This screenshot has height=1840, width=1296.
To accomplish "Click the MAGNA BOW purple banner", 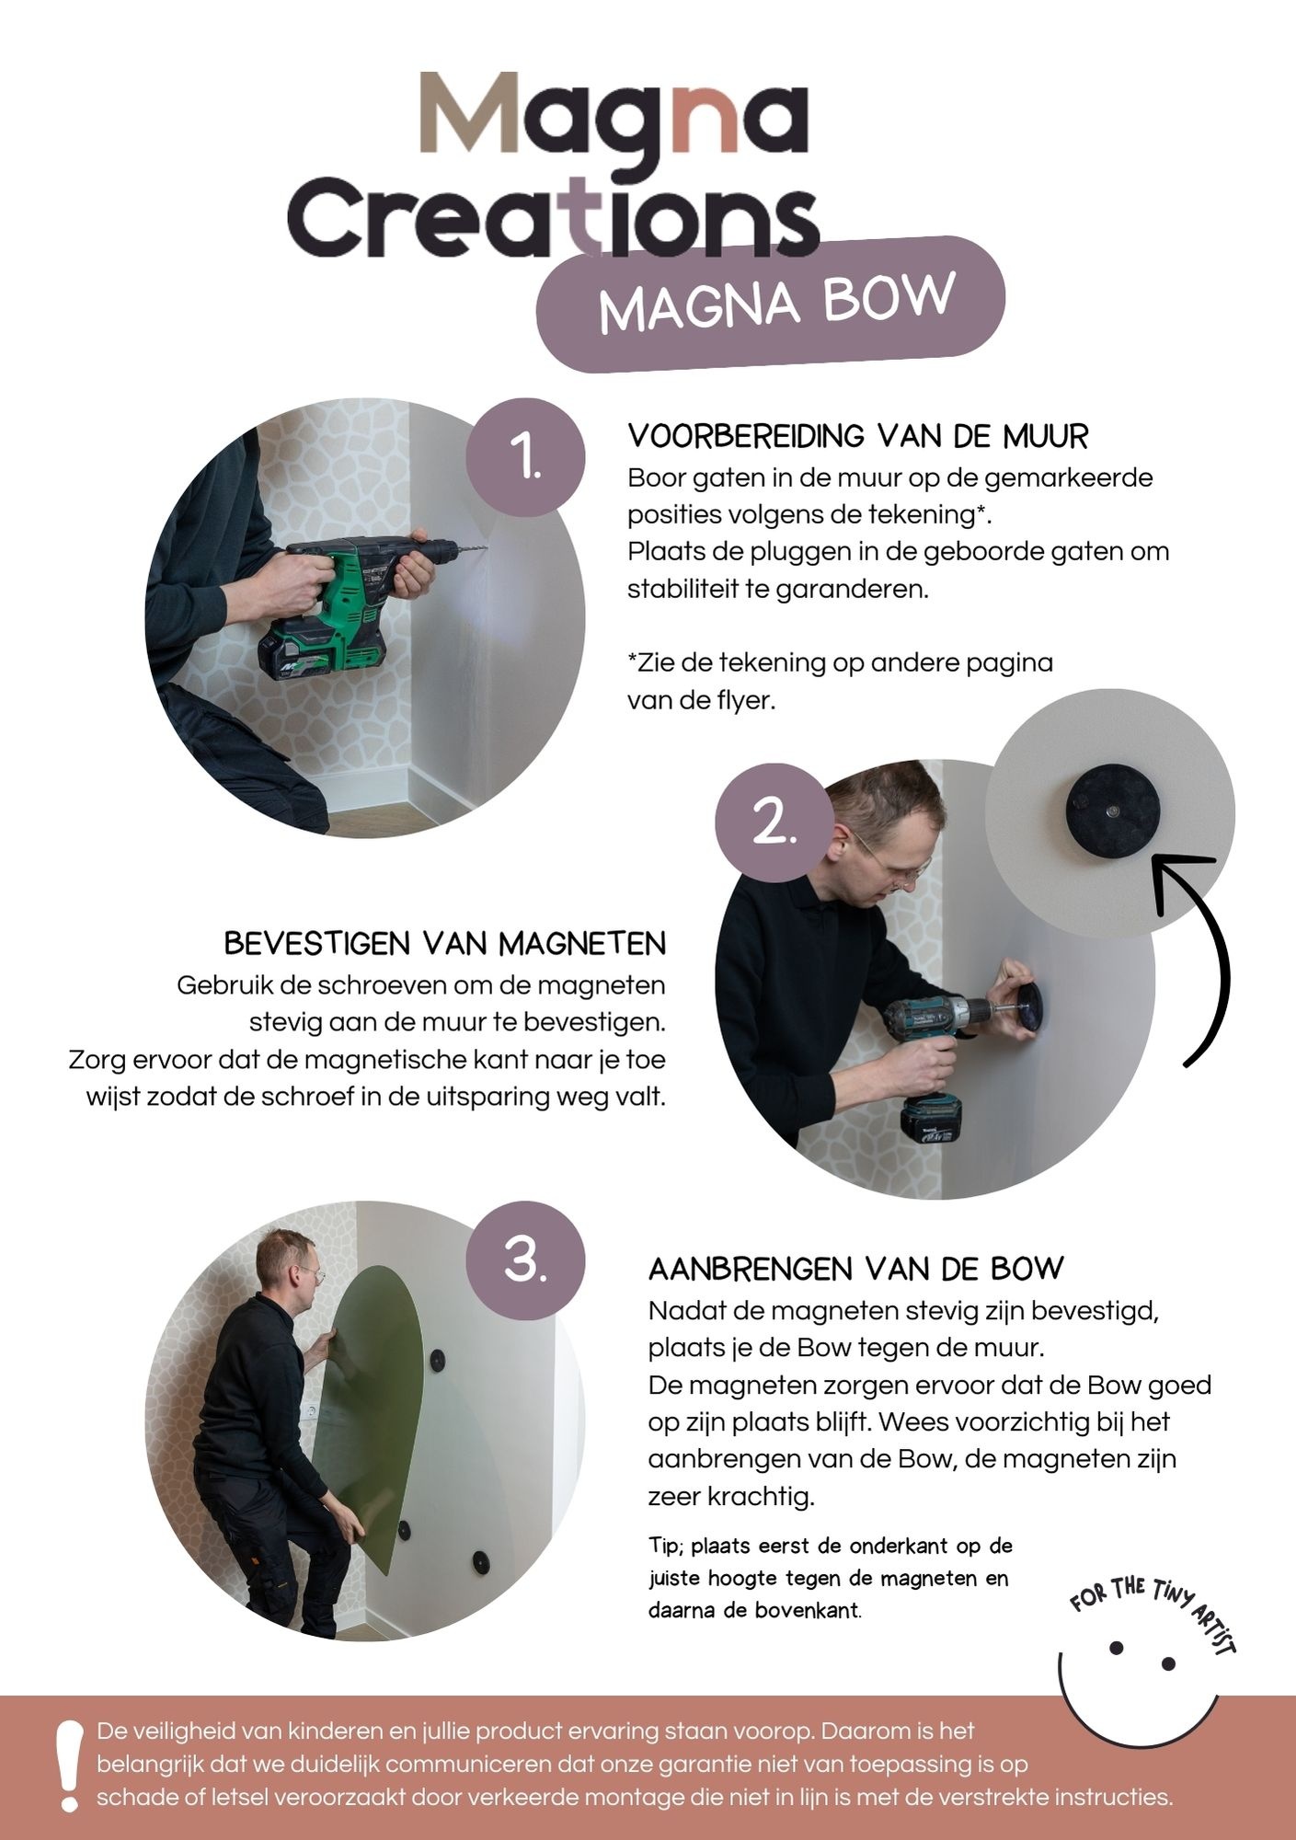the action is [771, 304].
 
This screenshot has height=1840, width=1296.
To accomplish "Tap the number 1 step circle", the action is [526, 456].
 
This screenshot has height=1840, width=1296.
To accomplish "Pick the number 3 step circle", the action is [526, 1259].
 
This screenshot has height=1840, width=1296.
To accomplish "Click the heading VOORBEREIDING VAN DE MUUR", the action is [857, 436].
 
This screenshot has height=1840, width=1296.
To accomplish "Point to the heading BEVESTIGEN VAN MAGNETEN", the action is [445, 944].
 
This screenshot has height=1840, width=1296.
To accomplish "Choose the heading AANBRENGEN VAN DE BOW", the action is [856, 1270].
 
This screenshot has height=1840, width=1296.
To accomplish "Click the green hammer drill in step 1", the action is [368, 598].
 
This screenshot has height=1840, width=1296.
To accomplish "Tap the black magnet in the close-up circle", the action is [1113, 811].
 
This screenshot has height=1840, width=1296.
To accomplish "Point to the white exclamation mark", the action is [68, 1765].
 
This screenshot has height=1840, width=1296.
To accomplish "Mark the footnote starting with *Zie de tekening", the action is [840, 681].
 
